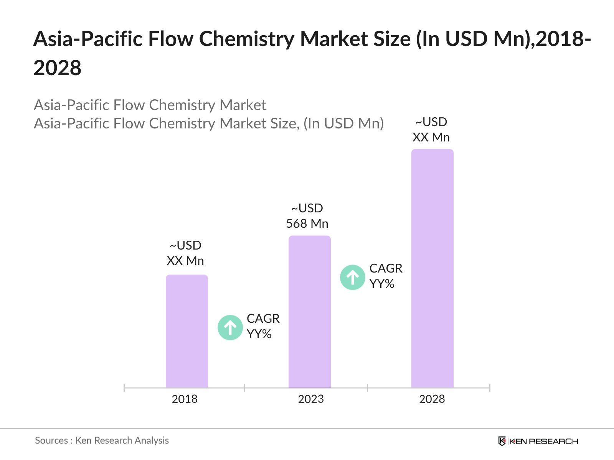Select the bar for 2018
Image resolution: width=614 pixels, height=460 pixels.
[187, 331]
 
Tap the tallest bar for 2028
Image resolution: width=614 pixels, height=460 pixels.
[432, 268]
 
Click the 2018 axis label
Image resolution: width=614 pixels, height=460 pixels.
[185, 399]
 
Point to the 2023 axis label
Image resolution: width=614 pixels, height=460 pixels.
[311, 399]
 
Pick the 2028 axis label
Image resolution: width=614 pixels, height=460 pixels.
[432, 399]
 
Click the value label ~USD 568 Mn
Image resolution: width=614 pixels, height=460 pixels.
[307, 216]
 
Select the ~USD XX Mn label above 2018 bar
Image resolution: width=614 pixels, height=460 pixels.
[185, 253]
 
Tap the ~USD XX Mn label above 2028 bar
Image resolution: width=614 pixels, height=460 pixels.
[431, 130]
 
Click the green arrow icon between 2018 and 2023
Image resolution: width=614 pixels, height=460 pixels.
[230, 327]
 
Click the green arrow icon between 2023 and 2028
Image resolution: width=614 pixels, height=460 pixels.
[352, 277]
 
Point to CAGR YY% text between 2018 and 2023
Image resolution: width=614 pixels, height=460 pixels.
[263, 326]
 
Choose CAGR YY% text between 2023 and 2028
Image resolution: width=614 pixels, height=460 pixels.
[386, 276]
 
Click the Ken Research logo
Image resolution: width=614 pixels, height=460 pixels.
[538, 441]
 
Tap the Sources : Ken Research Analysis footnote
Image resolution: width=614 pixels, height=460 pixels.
[102, 440]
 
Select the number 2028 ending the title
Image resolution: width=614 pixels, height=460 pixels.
[57, 68]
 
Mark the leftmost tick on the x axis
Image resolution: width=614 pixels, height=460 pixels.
[124, 388]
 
